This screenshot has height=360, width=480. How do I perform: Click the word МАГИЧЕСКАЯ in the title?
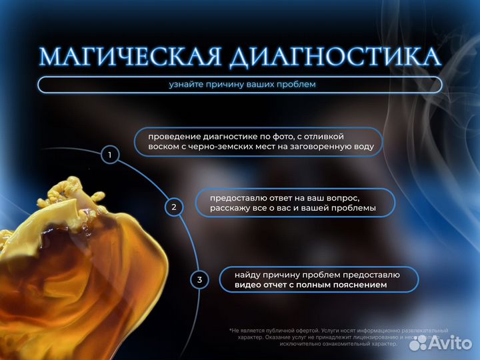pos(131,57)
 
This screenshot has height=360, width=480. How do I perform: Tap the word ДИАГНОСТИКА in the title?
pos(335,57)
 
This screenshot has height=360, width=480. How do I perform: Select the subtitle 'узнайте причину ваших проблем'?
pos(242,85)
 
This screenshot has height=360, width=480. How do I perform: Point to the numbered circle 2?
pos(174,207)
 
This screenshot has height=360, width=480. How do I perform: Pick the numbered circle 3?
pos(199,279)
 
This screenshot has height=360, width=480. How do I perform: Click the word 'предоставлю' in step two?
pos(238,197)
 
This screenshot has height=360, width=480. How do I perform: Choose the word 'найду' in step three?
pos(246,274)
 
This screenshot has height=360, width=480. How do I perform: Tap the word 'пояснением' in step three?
pos(363,285)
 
